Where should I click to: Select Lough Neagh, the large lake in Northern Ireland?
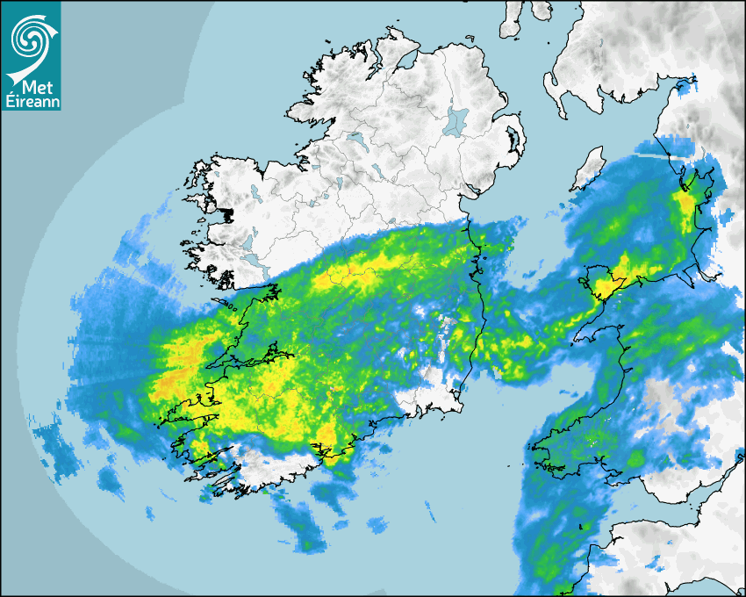457,120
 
